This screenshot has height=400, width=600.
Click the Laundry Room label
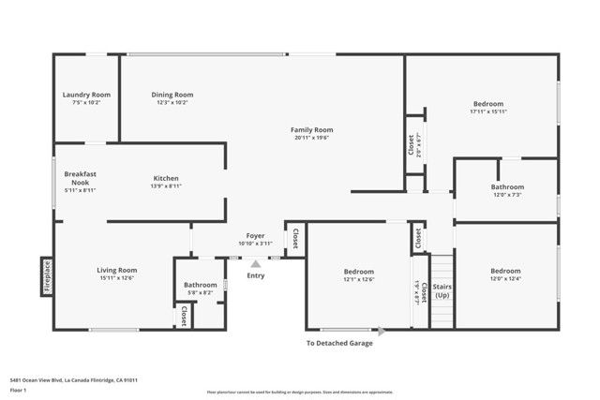coord(86,95)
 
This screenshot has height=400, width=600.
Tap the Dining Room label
coord(172,95)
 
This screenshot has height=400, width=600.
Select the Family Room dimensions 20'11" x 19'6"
coord(312,138)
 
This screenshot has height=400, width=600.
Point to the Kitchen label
coord(166,178)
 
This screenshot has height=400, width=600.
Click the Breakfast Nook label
coord(81,178)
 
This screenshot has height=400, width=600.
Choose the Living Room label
coord(117,271)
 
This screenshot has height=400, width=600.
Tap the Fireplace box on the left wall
coord(47,277)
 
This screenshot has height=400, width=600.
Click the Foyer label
coord(255,236)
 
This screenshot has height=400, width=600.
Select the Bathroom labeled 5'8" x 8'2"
coord(200,285)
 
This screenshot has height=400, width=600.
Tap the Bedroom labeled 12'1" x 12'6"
coord(358,272)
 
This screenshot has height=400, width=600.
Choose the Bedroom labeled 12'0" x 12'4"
coord(505,271)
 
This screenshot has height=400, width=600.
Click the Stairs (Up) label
coord(442,291)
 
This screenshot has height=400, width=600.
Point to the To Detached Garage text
coord(339,344)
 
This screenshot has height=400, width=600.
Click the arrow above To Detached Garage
coord(381,331)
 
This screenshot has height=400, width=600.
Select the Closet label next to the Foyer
coord(295,237)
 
